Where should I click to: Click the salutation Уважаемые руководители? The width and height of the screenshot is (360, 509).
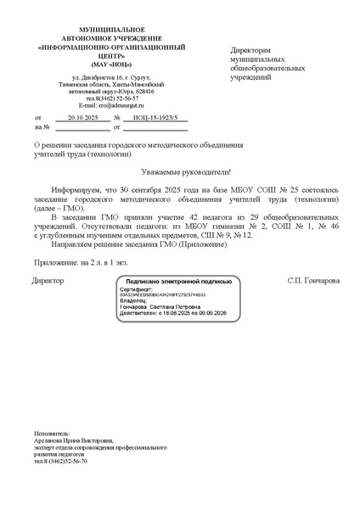coord(179,171)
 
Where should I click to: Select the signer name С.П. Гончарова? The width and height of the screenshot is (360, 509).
coord(313,279)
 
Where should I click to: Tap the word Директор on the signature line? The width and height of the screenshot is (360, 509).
coord(48,279)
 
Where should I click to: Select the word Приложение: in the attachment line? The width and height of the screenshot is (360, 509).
coord(57,263)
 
